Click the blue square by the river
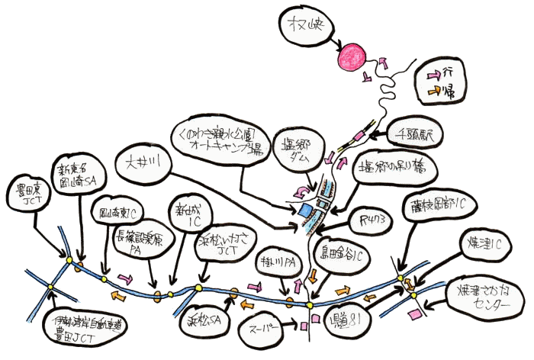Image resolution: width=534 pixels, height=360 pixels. click(307, 208)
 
